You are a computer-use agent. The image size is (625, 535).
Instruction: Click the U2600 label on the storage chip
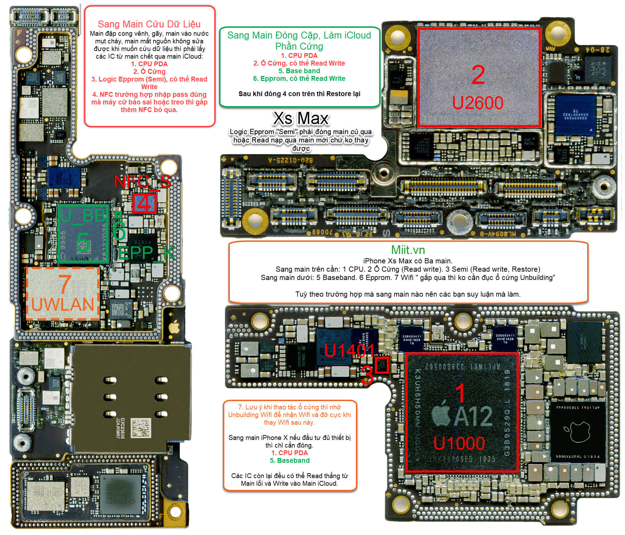[477, 103]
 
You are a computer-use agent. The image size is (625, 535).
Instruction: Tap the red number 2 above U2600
[478, 75]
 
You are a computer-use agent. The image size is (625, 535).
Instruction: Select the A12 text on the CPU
[473, 416]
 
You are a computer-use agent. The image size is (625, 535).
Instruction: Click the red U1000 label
[459, 443]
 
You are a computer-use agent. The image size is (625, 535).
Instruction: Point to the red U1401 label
[349, 351]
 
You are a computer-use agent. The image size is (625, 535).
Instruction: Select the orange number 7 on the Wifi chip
[64, 284]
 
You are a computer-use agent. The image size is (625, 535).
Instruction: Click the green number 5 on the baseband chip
[83, 242]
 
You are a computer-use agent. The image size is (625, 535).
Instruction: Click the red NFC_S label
[142, 181]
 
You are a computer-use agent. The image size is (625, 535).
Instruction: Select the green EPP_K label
[146, 253]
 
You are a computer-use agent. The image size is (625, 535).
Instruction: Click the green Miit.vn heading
[408, 250]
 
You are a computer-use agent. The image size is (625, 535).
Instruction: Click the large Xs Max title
[301, 119]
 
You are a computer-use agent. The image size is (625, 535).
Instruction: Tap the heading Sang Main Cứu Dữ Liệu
[149, 24]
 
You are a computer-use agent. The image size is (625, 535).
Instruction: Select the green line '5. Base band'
[299, 71]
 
